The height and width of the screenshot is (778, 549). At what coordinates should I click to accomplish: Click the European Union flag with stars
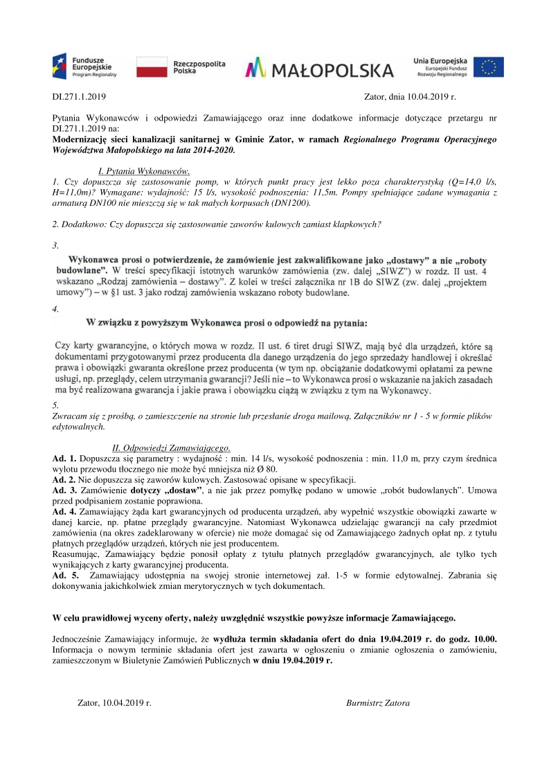pyautogui.click(x=489, y=67)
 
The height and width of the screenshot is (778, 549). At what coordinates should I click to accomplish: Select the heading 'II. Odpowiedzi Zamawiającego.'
pyautogui.click(x=171, y=448)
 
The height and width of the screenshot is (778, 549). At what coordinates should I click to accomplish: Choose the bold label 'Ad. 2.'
pyautogui.click(x=64, y=479)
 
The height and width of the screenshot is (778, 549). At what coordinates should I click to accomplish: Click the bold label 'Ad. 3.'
pyautogui.click(x=64, y=490)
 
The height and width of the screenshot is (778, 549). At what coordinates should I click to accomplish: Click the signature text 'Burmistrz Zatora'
pyautogui.click(x=377, y=702)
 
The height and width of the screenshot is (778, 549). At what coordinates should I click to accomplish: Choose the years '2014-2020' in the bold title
pyautogui.click(x=212, y=150)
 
